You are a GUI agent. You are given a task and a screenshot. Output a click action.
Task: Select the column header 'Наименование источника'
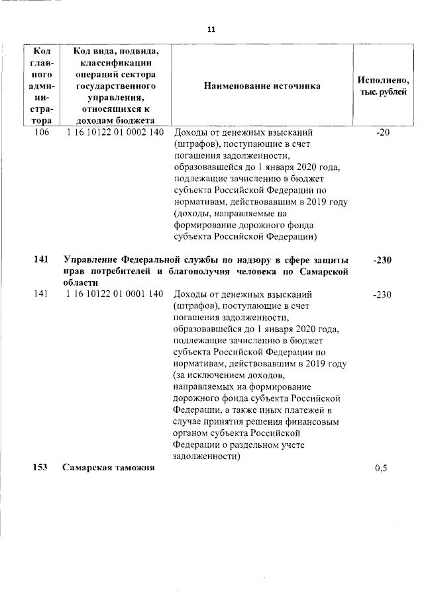(262, 86)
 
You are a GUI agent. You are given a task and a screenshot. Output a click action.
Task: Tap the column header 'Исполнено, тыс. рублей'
(383, 86)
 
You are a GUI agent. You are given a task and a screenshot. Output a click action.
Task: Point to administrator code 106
(41, 132)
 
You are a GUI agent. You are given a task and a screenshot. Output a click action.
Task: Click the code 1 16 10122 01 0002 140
(115, 132)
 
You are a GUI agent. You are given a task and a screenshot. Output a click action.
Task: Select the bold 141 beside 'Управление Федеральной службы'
(41, 260)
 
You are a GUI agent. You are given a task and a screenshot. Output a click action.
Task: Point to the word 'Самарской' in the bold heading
(325, 272)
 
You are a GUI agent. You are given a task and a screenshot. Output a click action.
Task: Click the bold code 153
(41, 468)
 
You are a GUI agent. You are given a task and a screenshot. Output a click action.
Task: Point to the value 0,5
(381, 468)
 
